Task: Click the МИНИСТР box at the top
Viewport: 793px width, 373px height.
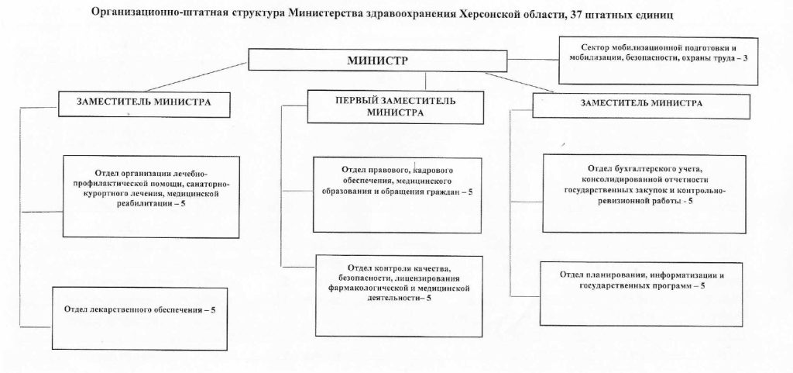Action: pos(377,60)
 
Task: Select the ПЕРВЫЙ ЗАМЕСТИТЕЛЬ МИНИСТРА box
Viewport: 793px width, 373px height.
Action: pos(395,106)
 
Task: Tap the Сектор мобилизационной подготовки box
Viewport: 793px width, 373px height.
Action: pos(658,60)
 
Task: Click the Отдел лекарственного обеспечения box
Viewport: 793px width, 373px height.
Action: pos(139,319)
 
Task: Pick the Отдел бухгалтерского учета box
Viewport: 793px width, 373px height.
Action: pos(644,194)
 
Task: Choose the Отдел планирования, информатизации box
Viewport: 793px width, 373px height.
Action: pos(641,294)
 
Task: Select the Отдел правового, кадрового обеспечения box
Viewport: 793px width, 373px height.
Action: pos(397,195)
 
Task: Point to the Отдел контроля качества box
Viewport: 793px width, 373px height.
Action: pos(399,295)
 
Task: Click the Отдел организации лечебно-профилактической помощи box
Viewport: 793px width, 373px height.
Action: pos(151,196)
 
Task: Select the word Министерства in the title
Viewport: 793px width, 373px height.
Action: pos(320,15)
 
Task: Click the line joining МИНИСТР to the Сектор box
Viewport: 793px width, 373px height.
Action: pos(533,60)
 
